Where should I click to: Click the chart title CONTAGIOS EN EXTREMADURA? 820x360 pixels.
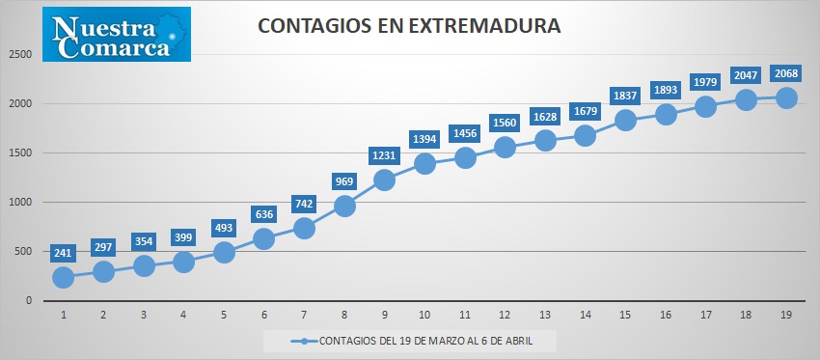pos(409,26)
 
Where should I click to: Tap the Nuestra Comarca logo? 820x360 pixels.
pos(117,34)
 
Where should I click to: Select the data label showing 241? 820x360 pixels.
pos(63,253)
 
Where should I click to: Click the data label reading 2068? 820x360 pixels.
pos(786,73)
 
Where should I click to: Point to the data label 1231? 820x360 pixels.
pos(384,155)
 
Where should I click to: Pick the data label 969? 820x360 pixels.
pos(344,181)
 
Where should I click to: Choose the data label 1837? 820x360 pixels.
pos(625,96)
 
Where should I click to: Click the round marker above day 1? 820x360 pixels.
pos(63,277)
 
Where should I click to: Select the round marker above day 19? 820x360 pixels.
pos(786,97)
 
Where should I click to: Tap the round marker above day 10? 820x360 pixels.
pos(424,164)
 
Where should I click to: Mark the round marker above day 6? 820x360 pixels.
pos(263,238)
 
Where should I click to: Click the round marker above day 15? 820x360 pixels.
pos(625,120)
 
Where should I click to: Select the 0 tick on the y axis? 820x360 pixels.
pos(29,301)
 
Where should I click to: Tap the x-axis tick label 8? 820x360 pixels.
pos(344,315)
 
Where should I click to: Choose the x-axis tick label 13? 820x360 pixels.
pos(545,315)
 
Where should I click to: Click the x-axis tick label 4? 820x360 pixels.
pos(183,315)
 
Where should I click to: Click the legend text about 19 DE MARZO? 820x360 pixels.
pos(426,341)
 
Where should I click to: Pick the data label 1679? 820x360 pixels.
pos(586,111)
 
